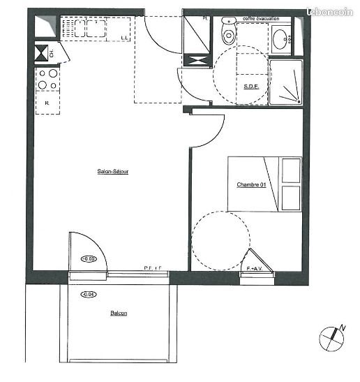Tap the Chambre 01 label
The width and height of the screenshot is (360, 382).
click(251, 184)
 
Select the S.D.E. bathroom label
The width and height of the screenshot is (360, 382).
click(251, 87)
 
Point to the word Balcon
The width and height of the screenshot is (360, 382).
click(119, 314)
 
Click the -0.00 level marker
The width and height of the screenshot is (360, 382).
click(89, 259)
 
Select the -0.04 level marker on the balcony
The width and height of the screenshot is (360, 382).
click(89, 294)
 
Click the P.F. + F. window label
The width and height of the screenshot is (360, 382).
click(153, 268)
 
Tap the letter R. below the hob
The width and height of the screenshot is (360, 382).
click(46, 103)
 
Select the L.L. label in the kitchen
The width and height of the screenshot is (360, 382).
click(124, 37)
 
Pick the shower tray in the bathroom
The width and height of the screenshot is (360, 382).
click(285, 82)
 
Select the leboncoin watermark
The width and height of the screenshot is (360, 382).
click(331, 12)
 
